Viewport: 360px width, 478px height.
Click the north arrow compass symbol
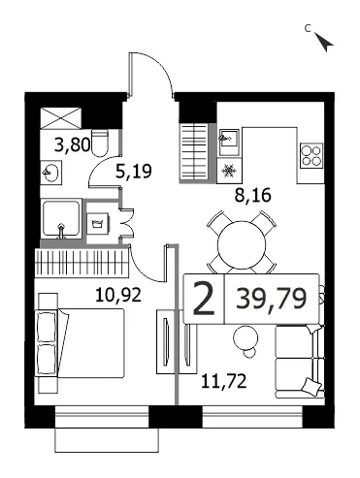pos(325,43)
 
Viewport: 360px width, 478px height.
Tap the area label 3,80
pos(73,144)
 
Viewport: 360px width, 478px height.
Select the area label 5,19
pos(134,171)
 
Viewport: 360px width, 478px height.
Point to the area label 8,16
pos(253,195)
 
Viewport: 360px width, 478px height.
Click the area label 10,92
pos(118,295)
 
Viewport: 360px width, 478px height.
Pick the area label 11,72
pos(224,381)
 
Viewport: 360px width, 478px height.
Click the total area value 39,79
pos(271,299)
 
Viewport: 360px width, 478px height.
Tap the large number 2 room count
pos(204,299)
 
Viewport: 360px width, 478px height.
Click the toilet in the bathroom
pos(100,143)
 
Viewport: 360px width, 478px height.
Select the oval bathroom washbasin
pos(50,174)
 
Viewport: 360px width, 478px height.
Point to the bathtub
pos(61,219)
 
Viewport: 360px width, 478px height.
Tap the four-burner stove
pos(311,155)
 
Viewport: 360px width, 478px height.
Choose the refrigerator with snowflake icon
pos(229,170)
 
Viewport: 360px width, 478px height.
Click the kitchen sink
pos(229,142)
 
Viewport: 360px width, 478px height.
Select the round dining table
pos(242,245)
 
